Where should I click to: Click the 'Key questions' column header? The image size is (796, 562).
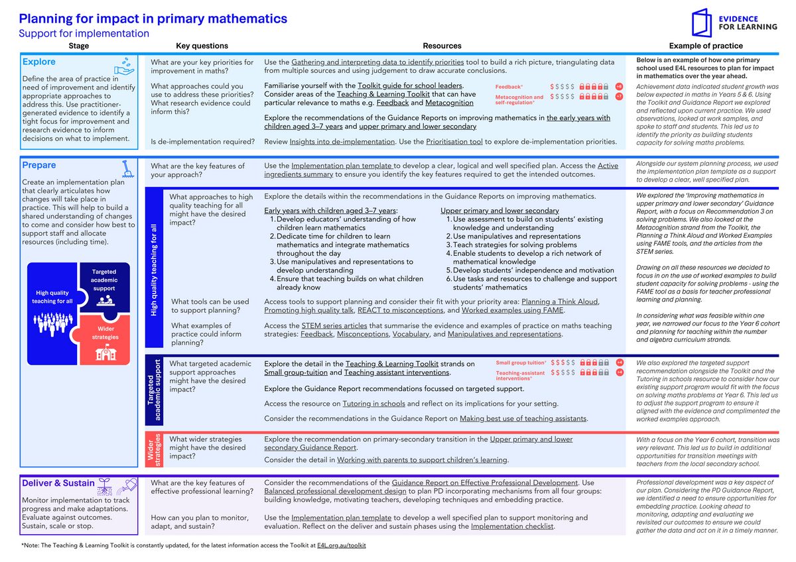(x=202, y=46)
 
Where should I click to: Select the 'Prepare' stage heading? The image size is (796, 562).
(x=39, y=165)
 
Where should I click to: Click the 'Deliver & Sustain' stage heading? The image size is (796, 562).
(x=58, y=483)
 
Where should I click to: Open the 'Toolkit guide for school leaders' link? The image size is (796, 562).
(x=410, y=86)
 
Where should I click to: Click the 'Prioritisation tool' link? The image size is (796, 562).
(x=454, y=142)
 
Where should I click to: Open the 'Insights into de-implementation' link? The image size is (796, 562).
(x=342, y=142)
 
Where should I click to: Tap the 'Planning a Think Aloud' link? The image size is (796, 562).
(x=560, y=302)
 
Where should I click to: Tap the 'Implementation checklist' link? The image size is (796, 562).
(x=512, y=526)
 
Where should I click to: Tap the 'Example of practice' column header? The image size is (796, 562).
(x=706, y=46)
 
